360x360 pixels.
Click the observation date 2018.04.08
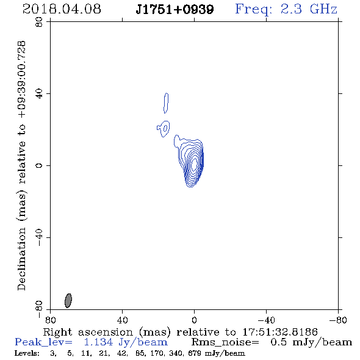(62, 9)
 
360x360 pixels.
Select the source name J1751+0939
(175, 9)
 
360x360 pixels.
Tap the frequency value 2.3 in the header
(291, 9)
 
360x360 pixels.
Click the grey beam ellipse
(68, 301)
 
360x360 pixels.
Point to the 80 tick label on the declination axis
(39, 22)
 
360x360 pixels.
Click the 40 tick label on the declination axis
(39, 94)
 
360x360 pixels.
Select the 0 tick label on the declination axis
(39, 165)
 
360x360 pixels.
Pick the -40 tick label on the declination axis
(39, 237)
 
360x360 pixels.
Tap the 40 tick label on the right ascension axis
(122, 320)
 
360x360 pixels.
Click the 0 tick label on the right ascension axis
(194, 320)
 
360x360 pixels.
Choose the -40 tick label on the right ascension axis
(266, 320)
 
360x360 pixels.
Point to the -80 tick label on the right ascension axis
(338, 320)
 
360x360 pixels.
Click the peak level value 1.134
(98, 342)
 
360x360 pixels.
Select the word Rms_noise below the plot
(225, 342)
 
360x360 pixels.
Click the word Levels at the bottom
(27, 353)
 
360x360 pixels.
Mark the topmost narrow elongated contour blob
(166, 103)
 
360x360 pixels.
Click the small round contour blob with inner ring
(164, 129)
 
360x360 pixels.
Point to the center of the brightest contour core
(194, 164)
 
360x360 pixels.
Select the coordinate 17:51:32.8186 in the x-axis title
(280, 332)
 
